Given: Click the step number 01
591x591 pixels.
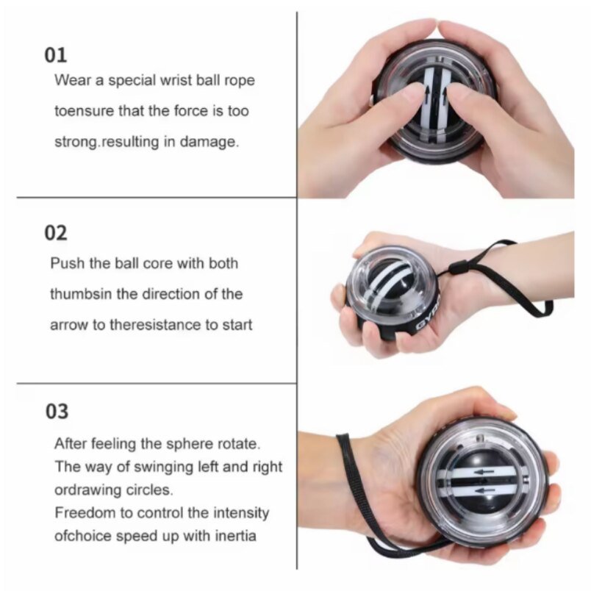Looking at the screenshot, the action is click(56, 55).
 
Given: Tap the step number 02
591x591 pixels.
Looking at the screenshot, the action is click(56, 233).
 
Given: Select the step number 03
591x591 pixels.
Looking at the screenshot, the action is click(57, 411).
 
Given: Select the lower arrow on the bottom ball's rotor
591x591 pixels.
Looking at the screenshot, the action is click(486, 490).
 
